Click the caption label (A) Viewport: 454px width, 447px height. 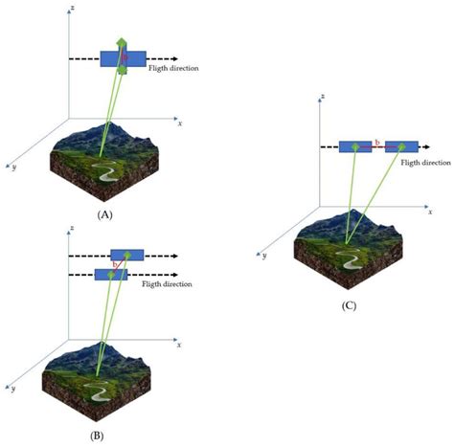click(x=106, y=216)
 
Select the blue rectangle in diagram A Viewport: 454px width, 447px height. click(x=122, y=58)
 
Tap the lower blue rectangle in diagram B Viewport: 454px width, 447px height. click(x=111, y=275)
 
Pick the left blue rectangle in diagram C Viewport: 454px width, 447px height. click(x=354, y=146)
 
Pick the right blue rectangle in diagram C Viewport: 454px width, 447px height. click(x=402, y=146)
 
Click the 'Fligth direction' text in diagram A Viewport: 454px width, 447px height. click(x=173, y=68)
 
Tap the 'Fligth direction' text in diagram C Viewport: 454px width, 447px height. click(x=423, y=164)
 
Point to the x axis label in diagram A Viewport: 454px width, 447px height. click(x=179, y=123)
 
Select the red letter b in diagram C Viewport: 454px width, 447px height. click(x=377, y=143)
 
